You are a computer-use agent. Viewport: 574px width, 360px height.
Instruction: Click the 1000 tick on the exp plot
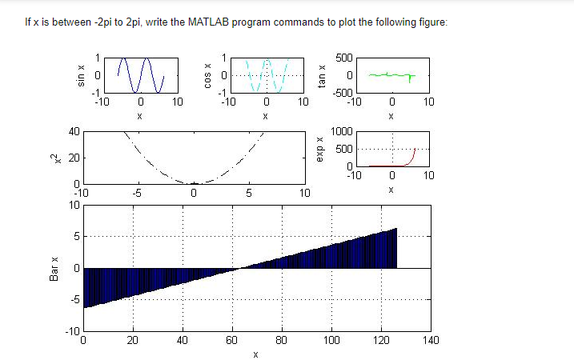click(x=340, y=131)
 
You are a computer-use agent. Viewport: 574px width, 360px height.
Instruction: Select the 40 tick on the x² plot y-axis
click(x=71, y=131)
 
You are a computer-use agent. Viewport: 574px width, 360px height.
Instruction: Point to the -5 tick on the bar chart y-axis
click(x=73, y=300)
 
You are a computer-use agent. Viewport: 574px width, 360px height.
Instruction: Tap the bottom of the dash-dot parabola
click(x=194, y=182)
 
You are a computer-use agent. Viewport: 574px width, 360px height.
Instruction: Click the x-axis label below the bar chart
click(x=255, y=354)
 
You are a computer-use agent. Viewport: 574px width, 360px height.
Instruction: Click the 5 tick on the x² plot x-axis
click(x=249, y=193)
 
